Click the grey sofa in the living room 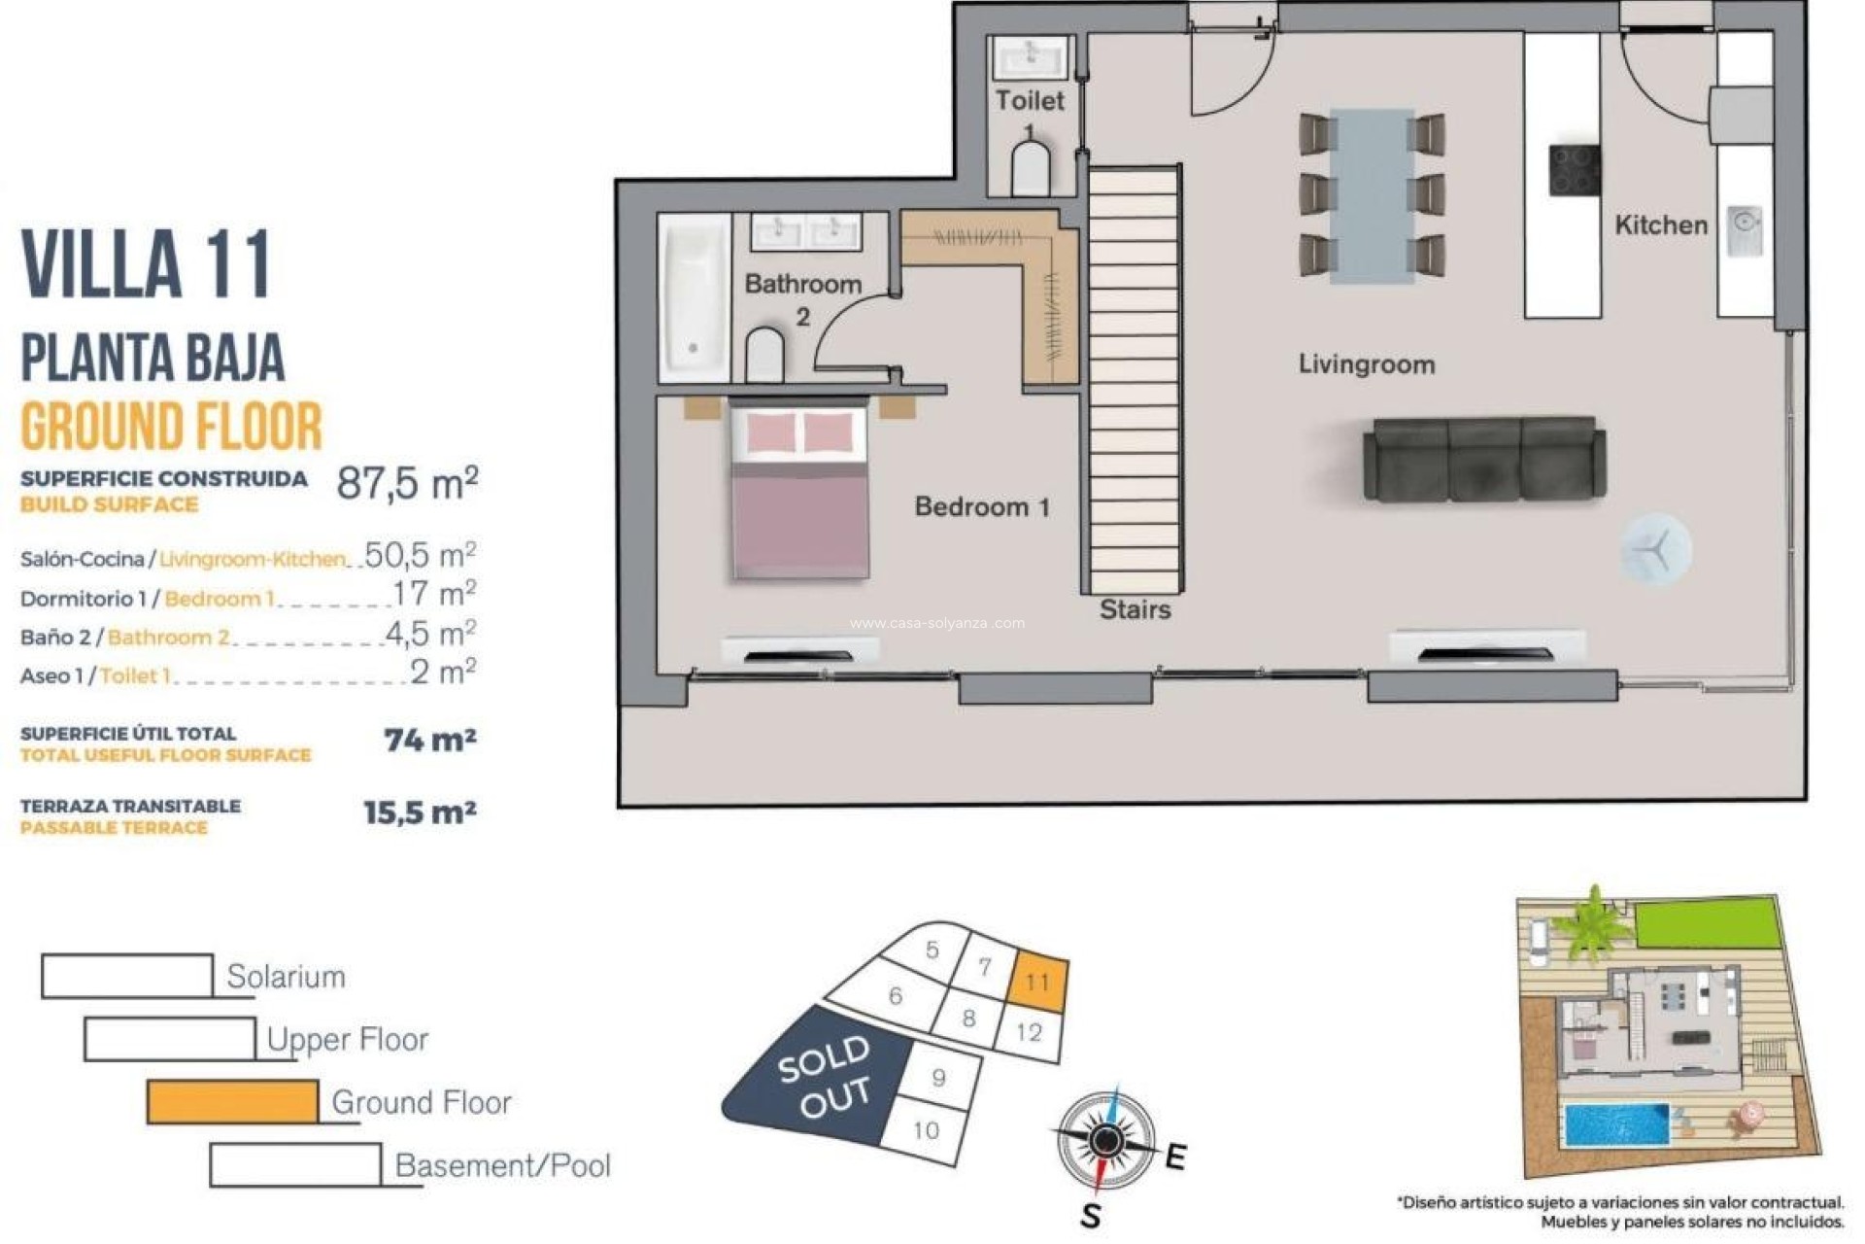1483,461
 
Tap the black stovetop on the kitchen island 1574,170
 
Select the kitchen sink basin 1745,230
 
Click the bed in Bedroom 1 798,493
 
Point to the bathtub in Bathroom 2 694,297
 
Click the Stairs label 1135,610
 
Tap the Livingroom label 1366,365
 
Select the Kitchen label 1660,225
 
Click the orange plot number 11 1038,982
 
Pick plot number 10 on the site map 926,1130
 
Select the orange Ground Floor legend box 232,1102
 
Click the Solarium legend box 127,976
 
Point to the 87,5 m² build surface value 406,483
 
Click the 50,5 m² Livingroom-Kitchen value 420,556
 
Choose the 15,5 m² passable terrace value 420,812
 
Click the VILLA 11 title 146,264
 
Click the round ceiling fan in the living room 1655,550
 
